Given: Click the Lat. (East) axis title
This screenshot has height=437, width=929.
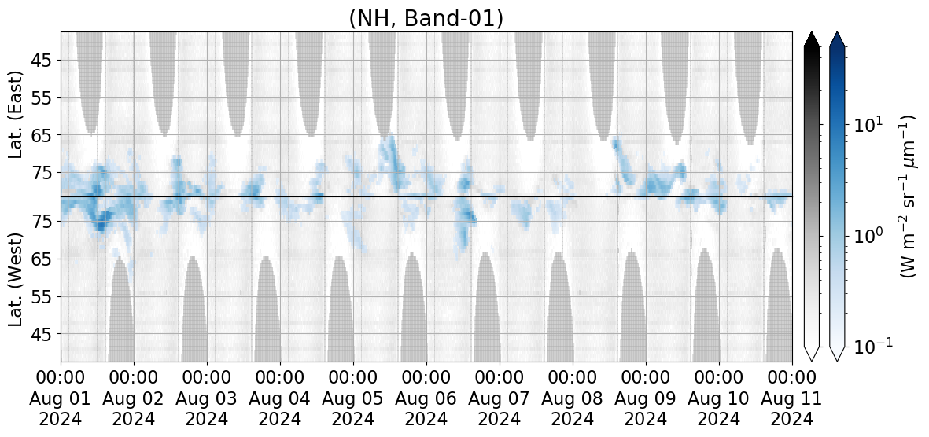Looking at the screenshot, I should click(x=17, y=115).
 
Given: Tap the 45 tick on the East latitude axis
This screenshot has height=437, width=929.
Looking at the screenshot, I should click(x=41, y=61).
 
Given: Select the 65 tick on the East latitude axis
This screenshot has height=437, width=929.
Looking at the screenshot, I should click(x=41, y=135).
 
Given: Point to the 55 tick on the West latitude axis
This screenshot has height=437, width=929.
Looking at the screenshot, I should click(x=41, y=296).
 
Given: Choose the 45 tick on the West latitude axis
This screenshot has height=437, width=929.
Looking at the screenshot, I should click(x=41, y=334).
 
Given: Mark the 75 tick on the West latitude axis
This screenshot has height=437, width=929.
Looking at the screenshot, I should click(x=41, y=222).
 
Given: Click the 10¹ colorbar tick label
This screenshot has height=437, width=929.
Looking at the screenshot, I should click(x=866, y=125).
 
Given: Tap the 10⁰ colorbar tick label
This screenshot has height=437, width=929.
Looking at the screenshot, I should click(x=866, y=236).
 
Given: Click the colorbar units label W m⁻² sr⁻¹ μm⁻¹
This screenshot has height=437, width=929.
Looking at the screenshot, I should click(x=908, y=196).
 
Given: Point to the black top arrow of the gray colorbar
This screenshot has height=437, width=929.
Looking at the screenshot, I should click(x=812, y=39).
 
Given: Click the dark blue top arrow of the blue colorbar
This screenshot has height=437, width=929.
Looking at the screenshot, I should click(x=838, y=39).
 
